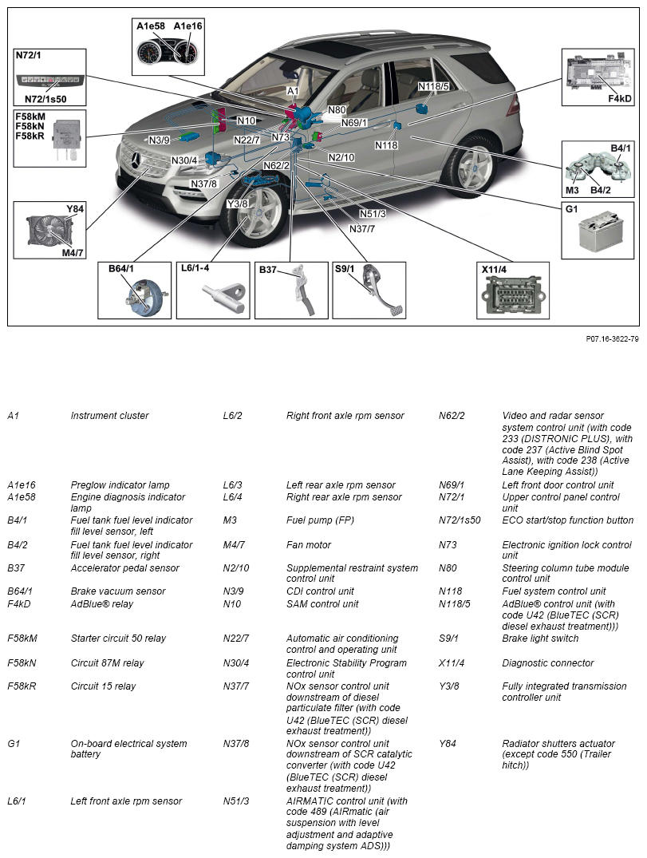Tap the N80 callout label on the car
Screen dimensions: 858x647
tap(337, 110)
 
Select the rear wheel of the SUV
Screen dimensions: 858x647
tap(471, 167)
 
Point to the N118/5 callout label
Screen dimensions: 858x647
tap(434, 86)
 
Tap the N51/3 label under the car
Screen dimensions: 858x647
tap(373, 213)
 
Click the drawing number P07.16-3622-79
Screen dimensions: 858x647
tap(612, 339)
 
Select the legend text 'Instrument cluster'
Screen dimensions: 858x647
tap(109, 416)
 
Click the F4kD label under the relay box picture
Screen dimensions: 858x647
tap(620, 99)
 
